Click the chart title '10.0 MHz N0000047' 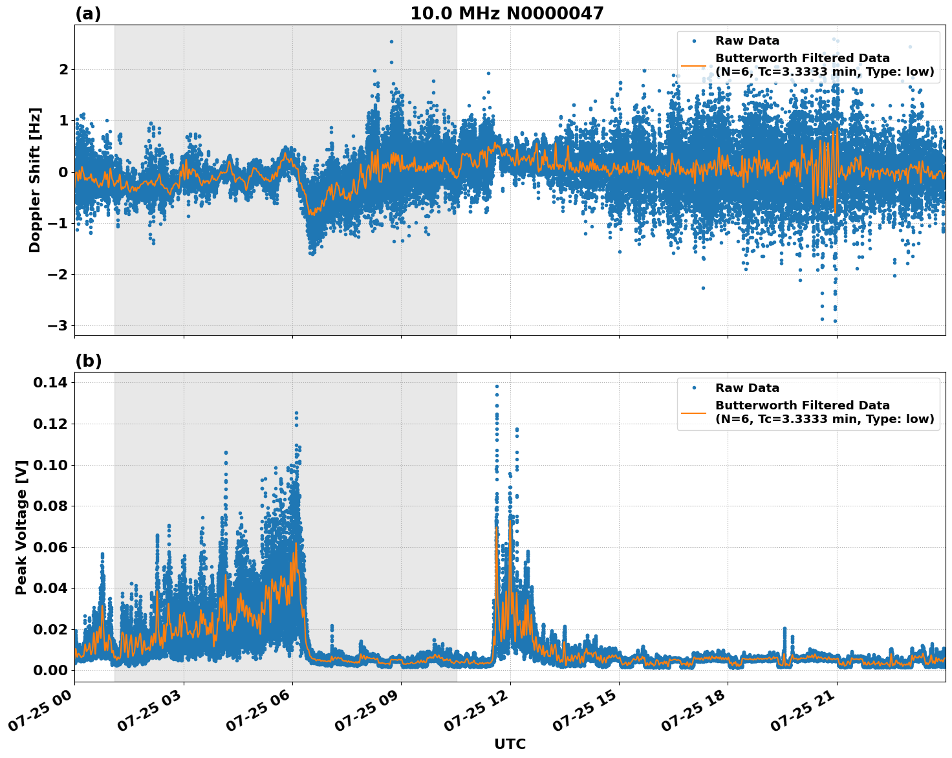click(x=506, y=14)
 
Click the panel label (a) click(x=88, y=14)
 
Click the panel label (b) click(x=88, y=361)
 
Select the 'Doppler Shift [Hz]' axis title click(x=35, y=180)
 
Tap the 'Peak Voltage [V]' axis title click(x=21, y=527)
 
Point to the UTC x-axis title click(x=510, y=744)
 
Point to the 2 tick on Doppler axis click(x=63, y=69)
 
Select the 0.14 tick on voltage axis click(x=51, y=383)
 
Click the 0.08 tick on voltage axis click(x=51, y=506)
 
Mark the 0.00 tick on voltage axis click(x=51, y=670)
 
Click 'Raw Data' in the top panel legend click(x=747, y=41)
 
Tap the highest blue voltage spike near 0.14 click(x=497, y=387)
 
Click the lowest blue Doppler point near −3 click(x=835, y=321)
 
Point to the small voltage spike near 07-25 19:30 click(x=784, y=629)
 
